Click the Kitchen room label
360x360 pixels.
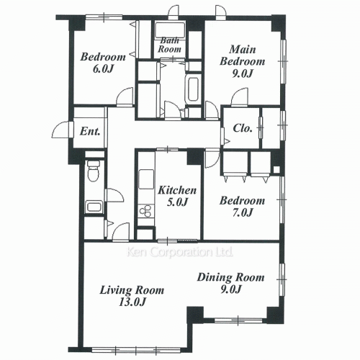[x=177, y=190]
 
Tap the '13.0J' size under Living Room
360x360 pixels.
[x=132, y=302]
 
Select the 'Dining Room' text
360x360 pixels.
[x=230, y=278]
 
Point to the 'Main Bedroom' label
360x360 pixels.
[x=243, y=55]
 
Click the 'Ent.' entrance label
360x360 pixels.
[x=90, y=131]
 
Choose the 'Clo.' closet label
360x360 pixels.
[x=243, y=128]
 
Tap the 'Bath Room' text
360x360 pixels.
[x=169, y=45]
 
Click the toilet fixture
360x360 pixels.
[x=94, y=171]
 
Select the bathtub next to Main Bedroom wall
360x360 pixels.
[x=193, y=89]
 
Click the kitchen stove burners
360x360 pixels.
[x=146, y=211]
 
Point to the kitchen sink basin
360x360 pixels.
[x=146, y=179]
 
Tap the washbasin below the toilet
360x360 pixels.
[x=94, y=207]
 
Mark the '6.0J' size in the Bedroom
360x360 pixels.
[x=103, y=69]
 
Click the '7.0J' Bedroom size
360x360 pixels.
[x=243, y=212]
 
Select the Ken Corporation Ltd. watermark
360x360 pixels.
[x=179, y=252]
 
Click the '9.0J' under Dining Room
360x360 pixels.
[x=231, y=289]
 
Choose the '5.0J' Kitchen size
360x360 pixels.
[x=177, y=202]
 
